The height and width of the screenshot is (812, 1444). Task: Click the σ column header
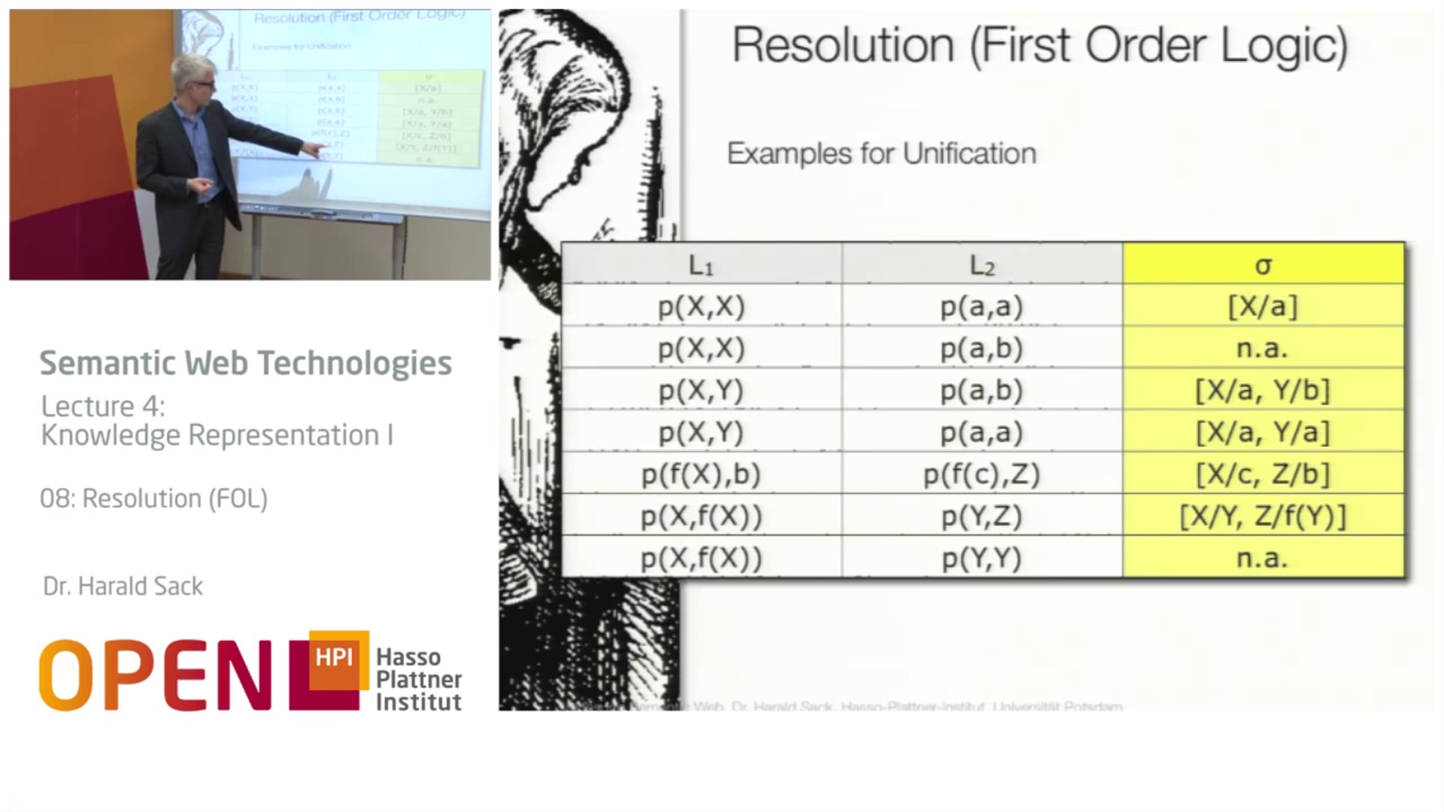[x=1263, y=265]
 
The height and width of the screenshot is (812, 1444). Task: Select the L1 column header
[x=701, y=265]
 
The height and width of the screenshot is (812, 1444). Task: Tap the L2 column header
[x=981, y=265]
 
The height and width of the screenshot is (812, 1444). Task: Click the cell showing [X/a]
[x=1263, y=306]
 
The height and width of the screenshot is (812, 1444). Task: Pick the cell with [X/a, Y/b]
[x=1263, y=390]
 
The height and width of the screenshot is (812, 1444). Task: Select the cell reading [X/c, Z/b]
[x=1263, y=474]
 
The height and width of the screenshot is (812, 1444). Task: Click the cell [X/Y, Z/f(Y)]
[x=1263, y=517]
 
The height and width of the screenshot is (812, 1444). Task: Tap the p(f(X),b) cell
[x=701, y=474]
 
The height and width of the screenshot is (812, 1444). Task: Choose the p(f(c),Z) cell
[x=981, y=474]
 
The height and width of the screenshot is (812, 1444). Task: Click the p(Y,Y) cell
[x=981, y=559]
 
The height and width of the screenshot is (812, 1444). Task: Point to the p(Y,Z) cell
[x=981, y=517]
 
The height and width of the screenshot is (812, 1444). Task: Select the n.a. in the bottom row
[x=1263, y=559]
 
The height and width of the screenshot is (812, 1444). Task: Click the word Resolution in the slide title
[x=843, y=45]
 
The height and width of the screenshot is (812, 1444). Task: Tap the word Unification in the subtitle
[x=969, y=153]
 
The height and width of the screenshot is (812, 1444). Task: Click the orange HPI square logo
[x=337, y=659]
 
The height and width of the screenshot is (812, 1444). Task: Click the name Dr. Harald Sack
[x=123, y=586]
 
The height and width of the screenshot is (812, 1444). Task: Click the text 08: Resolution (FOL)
[x=153, y=498]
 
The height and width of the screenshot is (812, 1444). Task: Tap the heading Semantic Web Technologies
[x=245, y=363]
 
